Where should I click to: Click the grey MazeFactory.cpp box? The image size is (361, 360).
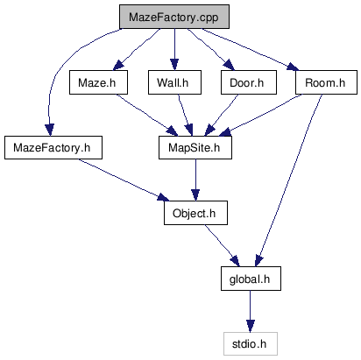point(174,17)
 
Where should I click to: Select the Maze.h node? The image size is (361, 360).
point(98,82)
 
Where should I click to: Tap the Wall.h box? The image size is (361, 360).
point(174,82)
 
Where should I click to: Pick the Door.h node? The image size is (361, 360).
point(249,82)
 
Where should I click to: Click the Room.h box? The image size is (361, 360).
point(326,82)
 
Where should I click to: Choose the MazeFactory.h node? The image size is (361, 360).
point(53,147)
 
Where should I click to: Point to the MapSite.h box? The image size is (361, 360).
point(195,147)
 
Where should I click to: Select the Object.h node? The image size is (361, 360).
point(195,213)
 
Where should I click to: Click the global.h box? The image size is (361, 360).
point(251,279)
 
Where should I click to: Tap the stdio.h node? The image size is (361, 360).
point(251,343)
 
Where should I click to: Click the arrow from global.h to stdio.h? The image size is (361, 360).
point(250,311)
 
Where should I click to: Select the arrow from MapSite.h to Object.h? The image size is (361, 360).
point(195,180)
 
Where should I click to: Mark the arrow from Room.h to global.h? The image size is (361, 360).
point(290,180)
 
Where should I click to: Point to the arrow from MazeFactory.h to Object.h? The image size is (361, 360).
point(124,180)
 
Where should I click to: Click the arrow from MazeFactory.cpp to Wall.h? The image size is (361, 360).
point(174,49)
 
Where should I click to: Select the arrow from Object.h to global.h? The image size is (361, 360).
point(222,246)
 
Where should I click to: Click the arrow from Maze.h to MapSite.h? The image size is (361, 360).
point(147,115)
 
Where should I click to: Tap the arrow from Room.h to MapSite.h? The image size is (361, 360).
point(261,115)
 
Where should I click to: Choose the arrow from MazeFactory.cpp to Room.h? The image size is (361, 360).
point(251,49)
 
